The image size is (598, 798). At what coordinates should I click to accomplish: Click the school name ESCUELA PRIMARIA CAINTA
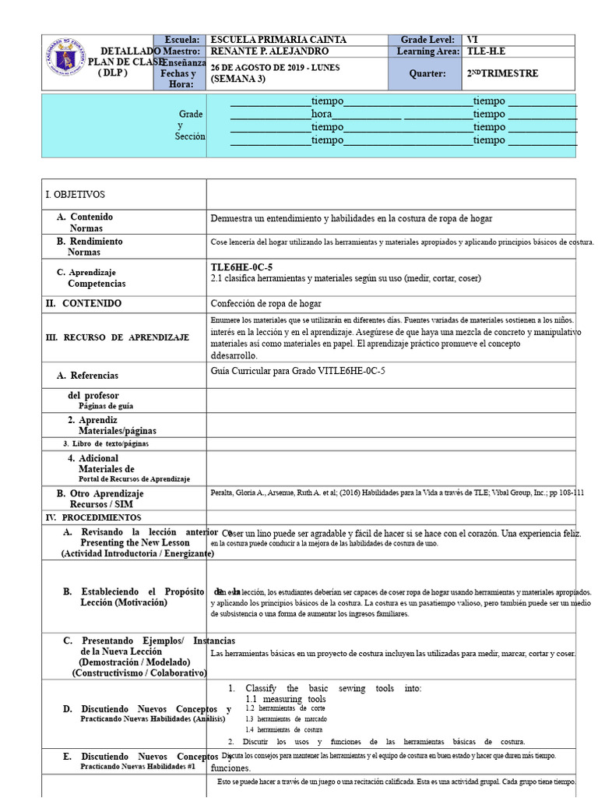279,40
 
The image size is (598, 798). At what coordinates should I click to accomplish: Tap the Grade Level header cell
427,40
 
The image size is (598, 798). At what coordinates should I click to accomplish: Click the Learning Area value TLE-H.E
487,51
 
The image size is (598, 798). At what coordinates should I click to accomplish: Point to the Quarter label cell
427,73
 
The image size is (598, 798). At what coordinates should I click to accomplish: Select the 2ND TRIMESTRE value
502,73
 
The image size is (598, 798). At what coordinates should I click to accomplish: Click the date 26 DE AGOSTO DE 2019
268,68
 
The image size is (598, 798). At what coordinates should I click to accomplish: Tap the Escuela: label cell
181,40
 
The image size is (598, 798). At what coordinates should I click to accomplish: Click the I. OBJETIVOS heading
76,194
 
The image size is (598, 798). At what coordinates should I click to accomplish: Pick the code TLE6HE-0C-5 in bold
241,267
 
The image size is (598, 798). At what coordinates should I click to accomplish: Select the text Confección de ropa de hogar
266,303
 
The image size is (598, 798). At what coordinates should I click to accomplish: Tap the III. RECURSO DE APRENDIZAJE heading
118,337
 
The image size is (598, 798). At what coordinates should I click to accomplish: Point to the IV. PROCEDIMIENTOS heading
93,517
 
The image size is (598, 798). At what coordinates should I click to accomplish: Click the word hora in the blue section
322,114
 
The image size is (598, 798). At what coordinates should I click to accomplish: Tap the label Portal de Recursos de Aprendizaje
134,479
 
